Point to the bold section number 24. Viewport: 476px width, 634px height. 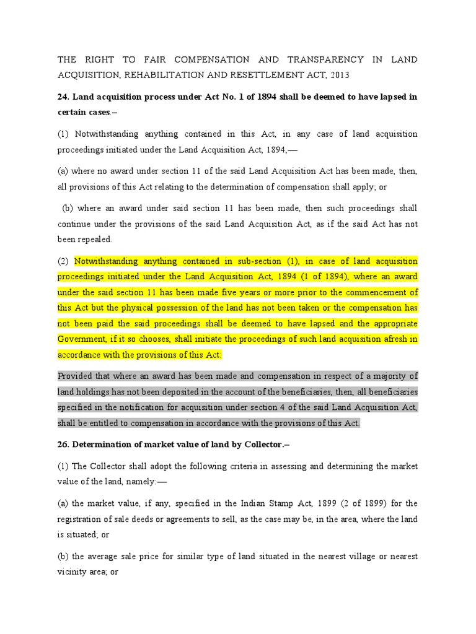click(x=63, y=97)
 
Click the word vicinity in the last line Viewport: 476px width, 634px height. click(x=74, y=572)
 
